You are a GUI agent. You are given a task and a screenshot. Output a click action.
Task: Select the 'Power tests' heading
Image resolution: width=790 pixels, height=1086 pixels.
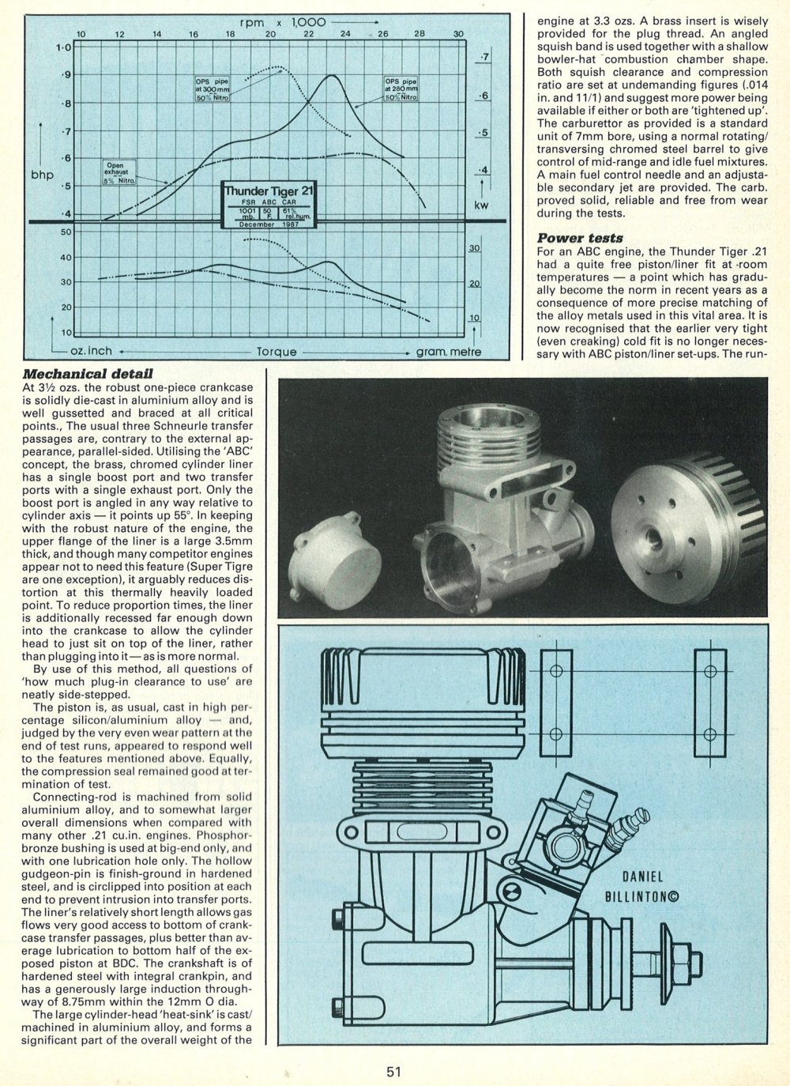(x=579, y=238)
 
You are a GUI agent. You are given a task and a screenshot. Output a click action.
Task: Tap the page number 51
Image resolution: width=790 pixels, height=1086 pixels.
(x=395, y=1072)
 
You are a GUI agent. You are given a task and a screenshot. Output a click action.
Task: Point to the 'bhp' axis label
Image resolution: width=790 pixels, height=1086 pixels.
(x=42, y=174)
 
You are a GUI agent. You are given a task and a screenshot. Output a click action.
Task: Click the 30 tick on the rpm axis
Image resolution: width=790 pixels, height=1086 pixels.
(x=458, y=34)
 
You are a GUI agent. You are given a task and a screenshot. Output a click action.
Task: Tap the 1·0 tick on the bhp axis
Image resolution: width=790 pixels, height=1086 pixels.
(x=64, y=47)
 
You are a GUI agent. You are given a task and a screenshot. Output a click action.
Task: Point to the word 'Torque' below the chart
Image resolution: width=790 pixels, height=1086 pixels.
(x=276, y=352)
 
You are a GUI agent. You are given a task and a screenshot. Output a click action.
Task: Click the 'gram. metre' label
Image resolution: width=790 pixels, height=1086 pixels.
(x=449, y=352)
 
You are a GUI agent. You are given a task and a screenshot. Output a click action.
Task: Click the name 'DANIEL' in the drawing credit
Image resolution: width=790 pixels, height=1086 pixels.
(x=641, y=877)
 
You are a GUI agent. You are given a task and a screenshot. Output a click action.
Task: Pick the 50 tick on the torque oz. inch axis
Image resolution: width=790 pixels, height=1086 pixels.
(x=66, y=232)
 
